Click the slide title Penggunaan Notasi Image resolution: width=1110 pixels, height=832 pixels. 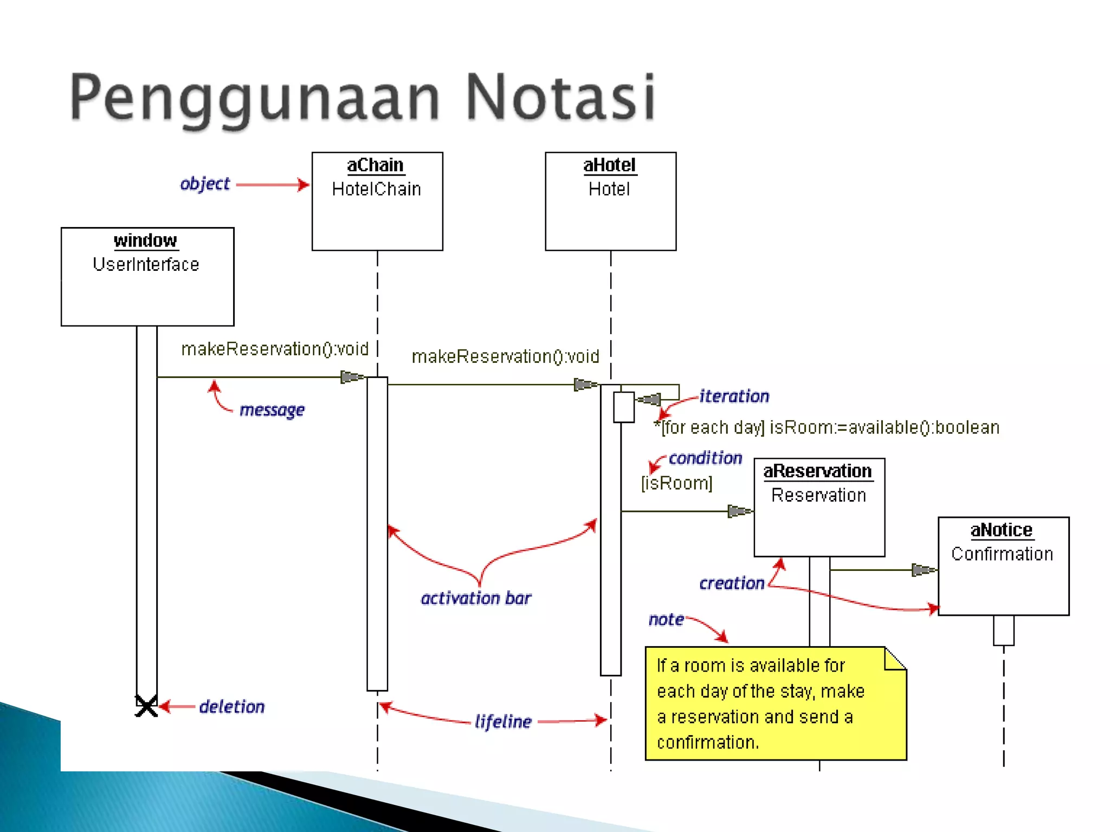pos(362,97)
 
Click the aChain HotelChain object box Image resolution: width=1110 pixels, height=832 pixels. pos(377,201)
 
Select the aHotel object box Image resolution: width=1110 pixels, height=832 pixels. pos(610,201)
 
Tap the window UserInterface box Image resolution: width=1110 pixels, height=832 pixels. pos(147,276)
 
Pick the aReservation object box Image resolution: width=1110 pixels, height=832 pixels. pos(819,507)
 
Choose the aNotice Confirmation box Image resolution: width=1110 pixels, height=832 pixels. pos(1003,566)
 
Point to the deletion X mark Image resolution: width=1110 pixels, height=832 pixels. pos(146,706)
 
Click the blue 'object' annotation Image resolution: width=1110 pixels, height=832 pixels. pos(205,184)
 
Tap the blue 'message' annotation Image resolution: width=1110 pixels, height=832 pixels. pos(272,410)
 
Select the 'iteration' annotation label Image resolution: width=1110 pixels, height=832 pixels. pos(734,396)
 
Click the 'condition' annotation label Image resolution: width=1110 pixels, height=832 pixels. pos(705,458)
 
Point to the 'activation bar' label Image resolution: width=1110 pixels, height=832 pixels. pos(476,598)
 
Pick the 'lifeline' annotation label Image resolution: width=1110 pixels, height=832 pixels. pos(503,721)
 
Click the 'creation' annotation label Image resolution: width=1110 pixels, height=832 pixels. pos(732,583)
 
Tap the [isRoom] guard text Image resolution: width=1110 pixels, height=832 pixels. pos(676,483)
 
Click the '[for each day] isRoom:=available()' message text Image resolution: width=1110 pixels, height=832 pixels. pos(827,427)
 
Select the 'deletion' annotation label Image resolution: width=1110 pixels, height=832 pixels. pos(231,707)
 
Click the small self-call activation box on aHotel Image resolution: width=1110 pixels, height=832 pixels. pos(624,407)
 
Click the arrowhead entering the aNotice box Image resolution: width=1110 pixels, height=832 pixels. pos(924,570)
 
